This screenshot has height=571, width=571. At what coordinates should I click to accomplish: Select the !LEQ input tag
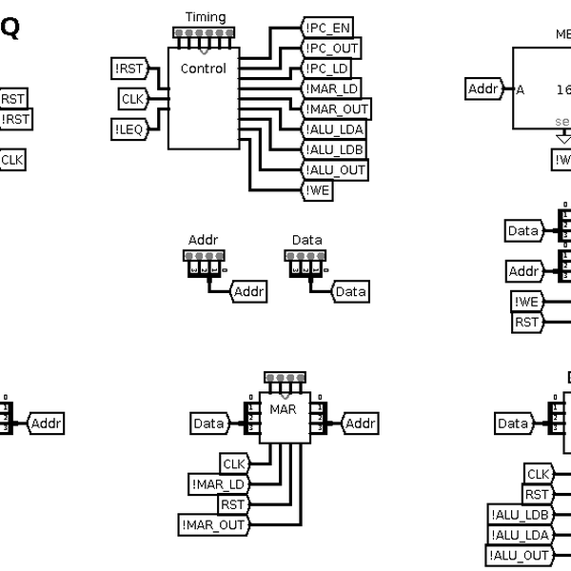point(128,129)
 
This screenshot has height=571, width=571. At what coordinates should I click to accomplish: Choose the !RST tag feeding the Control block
point(128,68)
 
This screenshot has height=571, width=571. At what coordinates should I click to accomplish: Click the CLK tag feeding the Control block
point(132,98)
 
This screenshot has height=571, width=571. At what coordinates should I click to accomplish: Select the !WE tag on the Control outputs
point(318,191)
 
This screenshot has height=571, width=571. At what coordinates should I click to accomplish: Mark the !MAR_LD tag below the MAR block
point(217,484)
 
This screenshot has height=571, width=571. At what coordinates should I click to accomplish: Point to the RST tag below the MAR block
point(232,504)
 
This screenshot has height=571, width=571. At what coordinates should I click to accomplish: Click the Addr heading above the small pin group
point(203,240)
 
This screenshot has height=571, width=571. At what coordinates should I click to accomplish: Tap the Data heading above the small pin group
point(306,240)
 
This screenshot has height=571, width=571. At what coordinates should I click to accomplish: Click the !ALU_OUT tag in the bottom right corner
point(520,556)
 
